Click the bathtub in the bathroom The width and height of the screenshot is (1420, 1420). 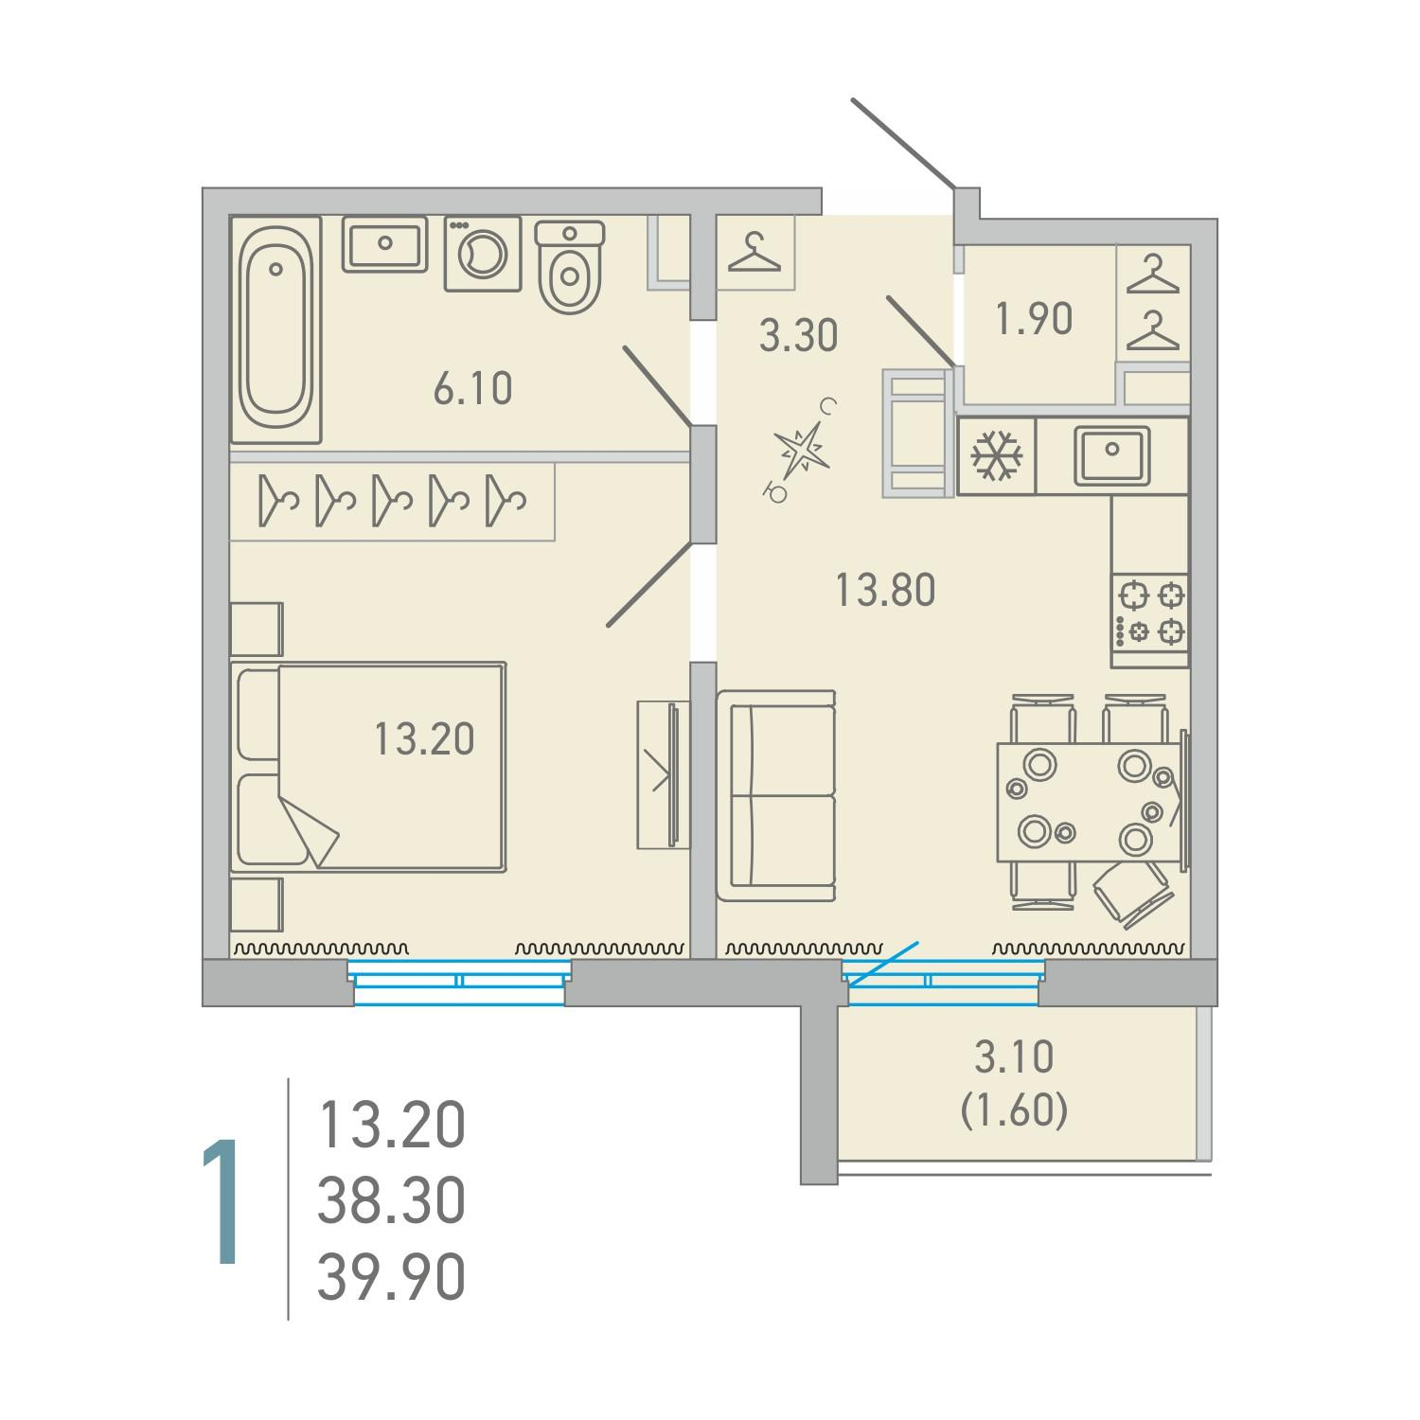coord(275,330)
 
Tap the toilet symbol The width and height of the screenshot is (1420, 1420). coord(570,266)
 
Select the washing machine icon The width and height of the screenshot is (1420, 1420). coord(483,254)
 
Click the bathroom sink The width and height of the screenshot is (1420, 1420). coord(384,244)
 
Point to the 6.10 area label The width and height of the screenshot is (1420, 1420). coord(473,389)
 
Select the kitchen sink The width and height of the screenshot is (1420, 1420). coord(1111,455)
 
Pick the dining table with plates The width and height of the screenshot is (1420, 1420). coord(1090,803)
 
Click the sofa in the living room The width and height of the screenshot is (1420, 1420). coord(776,795)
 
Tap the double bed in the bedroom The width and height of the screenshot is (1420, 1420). coord(368,767)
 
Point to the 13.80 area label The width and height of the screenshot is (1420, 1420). coord(885,591)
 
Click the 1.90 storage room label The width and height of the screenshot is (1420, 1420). coord(1034,320)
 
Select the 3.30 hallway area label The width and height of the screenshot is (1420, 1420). coord(799,336)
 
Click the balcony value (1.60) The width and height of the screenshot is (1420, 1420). coord(1015,1109)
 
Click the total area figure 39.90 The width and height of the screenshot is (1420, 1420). coord(391,1277)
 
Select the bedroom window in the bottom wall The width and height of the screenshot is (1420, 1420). coord(459,981)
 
